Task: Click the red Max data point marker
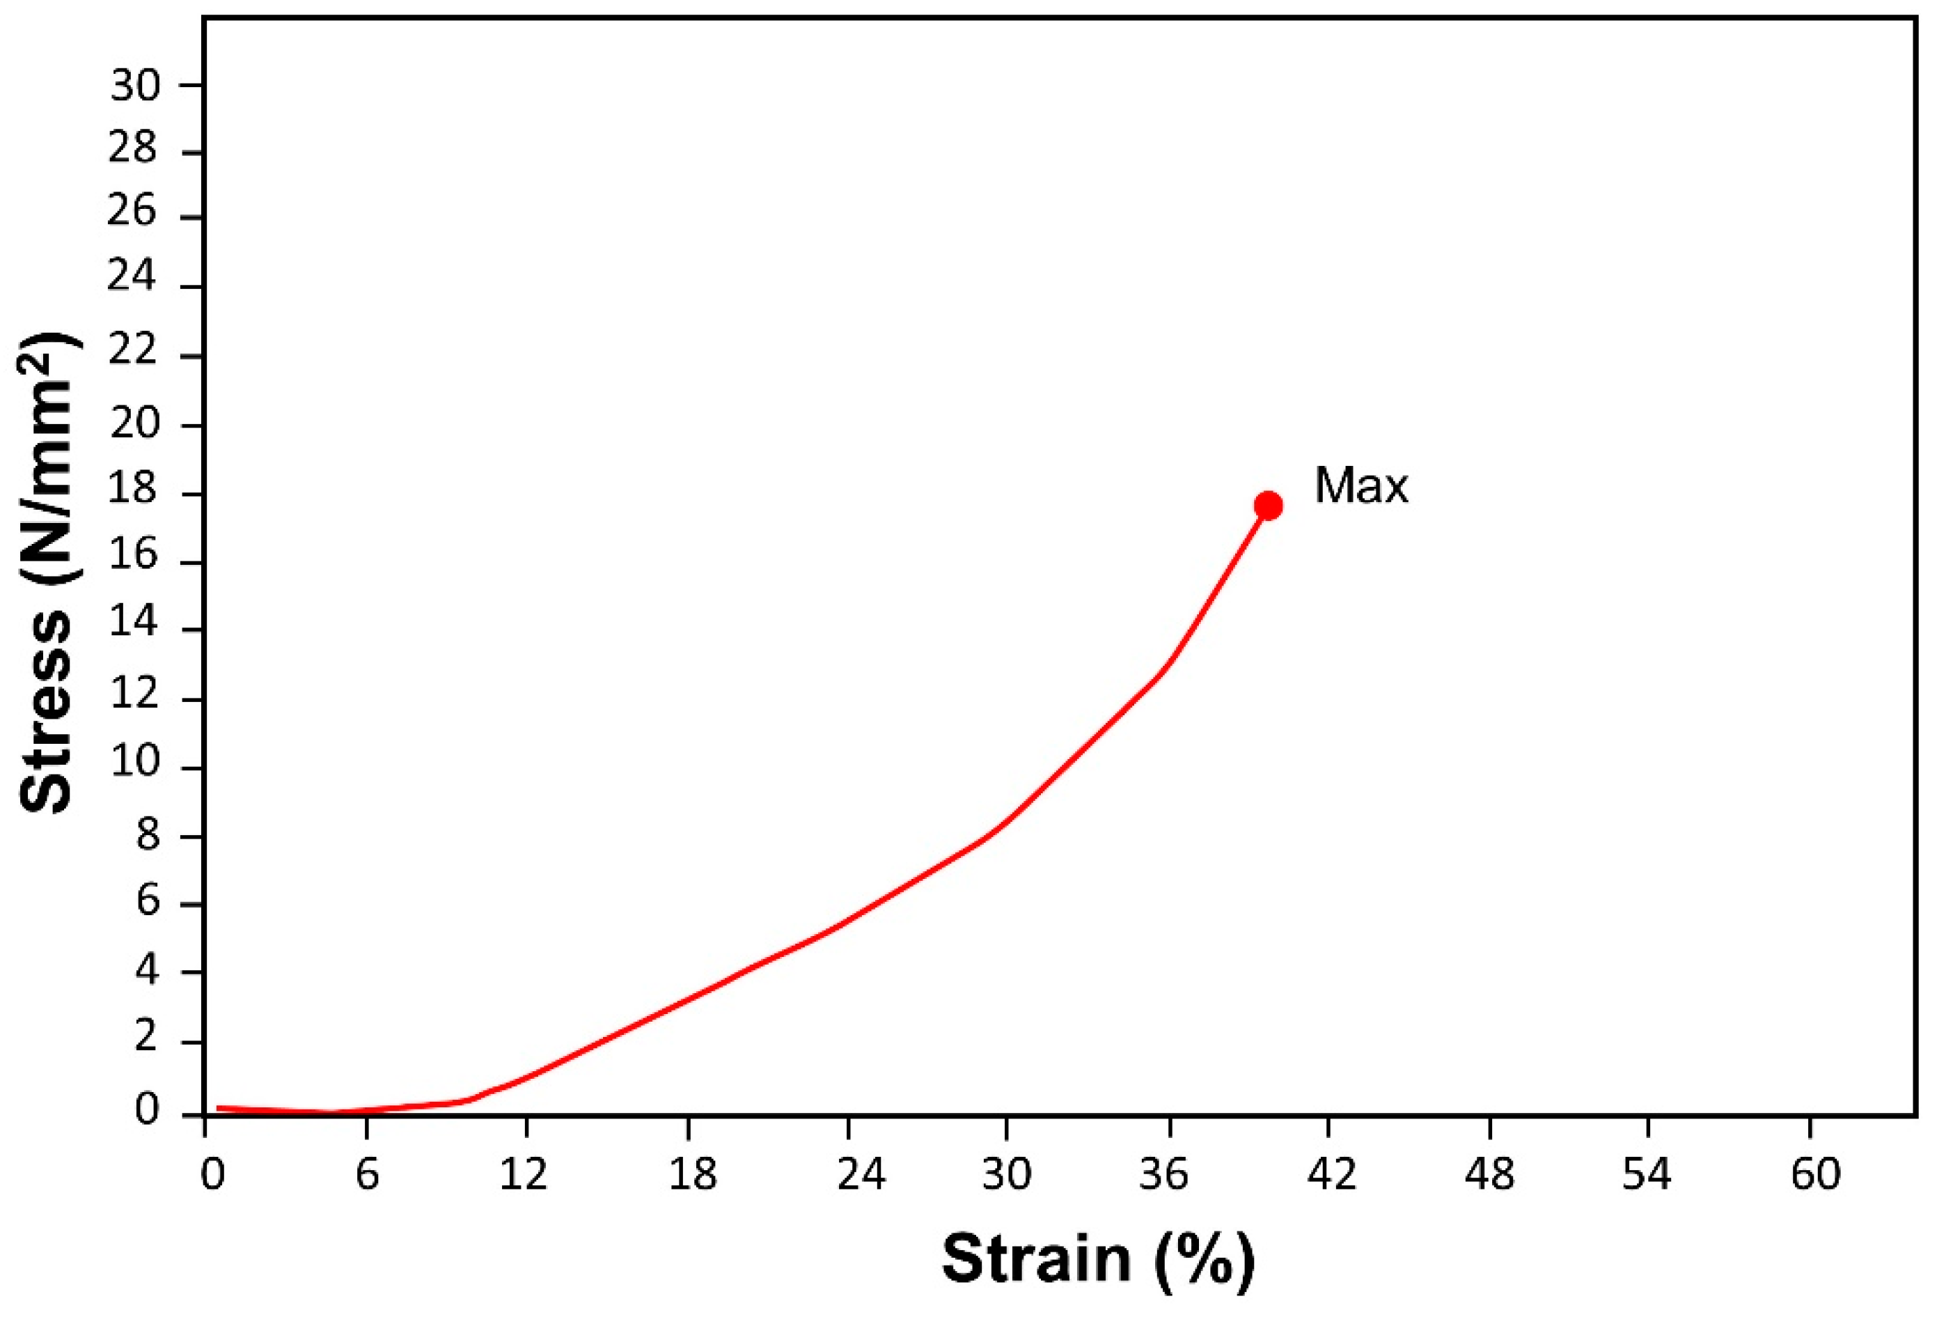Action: (x=1267, y=505)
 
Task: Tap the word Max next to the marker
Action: (x=1361, y=485)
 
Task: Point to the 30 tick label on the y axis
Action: (x=134, y=85)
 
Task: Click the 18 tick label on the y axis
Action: (x=134, y=490)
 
